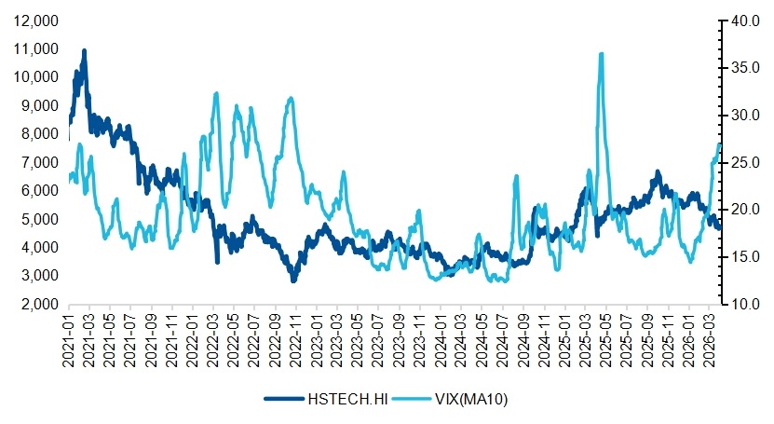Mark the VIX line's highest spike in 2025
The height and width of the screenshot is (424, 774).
pos(602,54)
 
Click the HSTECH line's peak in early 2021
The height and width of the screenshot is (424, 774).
pos(84,50)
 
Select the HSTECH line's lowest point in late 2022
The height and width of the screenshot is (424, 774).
pos(293,280)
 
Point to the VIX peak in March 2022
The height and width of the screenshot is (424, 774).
pos(216,93)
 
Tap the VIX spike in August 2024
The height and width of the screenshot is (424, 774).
pos(516,176)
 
